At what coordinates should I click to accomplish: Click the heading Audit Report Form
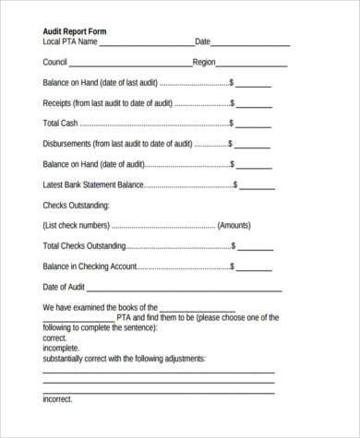click(75, 30)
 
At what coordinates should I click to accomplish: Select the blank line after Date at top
click(248, 43)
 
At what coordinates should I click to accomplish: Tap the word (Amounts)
click(238, 226)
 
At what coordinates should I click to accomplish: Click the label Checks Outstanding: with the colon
click(76, 205)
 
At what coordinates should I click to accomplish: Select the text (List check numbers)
click(78, 226)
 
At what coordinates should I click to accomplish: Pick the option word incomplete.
click(62, 349)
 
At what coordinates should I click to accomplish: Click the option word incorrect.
click(57, 399)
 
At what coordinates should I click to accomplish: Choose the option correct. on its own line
click(55, 338)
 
